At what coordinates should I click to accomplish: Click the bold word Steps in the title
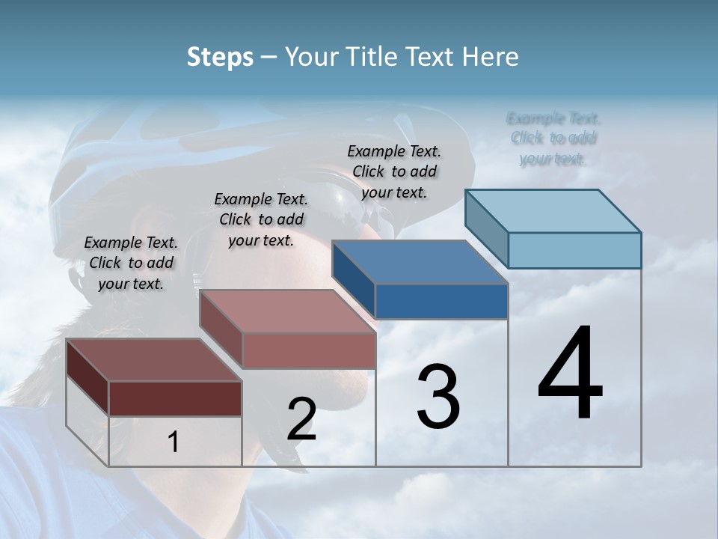(220, 57)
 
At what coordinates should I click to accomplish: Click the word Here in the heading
(491, 57)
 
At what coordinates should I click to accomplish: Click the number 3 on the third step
(438, 397)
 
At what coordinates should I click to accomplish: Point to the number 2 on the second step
(301, 418)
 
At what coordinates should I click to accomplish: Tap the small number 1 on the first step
(173, 442)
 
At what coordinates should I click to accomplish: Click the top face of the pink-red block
(287, 311)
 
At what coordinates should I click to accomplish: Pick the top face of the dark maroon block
(154, 360)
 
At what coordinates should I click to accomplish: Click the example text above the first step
(131, 263)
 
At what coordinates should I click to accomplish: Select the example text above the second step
(261, 219)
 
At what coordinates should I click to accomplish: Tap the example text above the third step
(394, 171)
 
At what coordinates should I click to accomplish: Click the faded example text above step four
(553, 138)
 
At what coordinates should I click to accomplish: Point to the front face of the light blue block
(574, 250)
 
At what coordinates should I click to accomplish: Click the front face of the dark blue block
(441, 301)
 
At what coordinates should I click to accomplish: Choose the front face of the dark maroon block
(175, 398)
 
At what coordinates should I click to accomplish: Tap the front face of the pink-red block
(309, 350)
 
